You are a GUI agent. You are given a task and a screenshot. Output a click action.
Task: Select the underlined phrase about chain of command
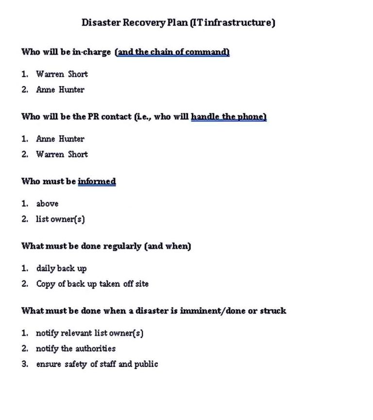(x=172, y=52)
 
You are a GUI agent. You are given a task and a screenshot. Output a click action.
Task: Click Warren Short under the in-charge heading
(x=62, y=74)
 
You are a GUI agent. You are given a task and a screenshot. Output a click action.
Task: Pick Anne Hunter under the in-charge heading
(x=60, y=90)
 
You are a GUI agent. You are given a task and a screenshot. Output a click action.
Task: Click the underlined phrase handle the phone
(x=228, y=117)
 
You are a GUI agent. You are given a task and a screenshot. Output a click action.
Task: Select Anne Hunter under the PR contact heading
(x=60, y=139)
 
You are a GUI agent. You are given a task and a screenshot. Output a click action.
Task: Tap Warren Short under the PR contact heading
(x=62, y=155)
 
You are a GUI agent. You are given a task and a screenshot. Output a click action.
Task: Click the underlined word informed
(x=97, y=182)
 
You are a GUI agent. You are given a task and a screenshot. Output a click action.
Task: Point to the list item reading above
(x=47, y=204)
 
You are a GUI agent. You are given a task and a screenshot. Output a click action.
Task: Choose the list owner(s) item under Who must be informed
(x=60, y=219)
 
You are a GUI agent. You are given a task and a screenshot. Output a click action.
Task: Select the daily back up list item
(x=61, y=268)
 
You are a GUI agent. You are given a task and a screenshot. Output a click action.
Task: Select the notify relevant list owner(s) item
(x=89, y=333)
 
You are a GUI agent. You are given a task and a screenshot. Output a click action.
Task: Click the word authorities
(x=95, y=349)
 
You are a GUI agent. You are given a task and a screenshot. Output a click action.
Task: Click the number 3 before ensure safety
(x=24, y=364)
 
